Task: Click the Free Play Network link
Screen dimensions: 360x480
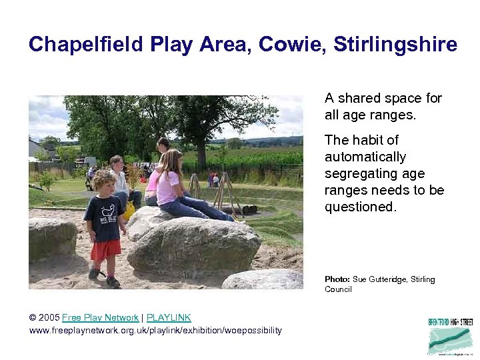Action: point(100,318)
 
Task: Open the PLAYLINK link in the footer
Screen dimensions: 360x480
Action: point(169,318)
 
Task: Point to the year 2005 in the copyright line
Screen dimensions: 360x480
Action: point(49,318)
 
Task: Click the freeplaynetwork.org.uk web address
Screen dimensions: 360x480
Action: point(155,330)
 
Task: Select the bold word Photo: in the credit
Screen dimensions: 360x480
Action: point(337,279)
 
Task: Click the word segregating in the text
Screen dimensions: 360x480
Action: point(361,173)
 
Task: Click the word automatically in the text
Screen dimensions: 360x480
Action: point(365,157)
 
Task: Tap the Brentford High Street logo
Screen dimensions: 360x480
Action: point(450,336)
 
